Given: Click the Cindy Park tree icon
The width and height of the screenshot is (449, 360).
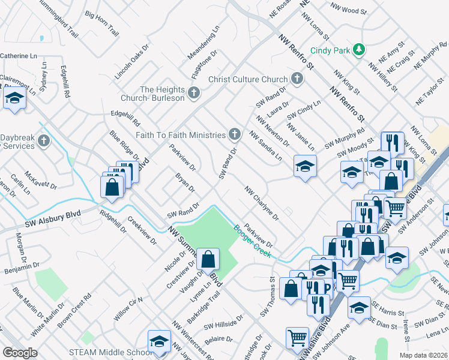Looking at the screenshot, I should (x=358, y=49).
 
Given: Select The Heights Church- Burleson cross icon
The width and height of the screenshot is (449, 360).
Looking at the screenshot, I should (x=193, y=92).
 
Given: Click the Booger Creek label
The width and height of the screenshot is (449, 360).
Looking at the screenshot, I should (x=252, y=241).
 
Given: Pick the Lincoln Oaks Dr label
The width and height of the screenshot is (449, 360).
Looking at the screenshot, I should (x=131, y=62).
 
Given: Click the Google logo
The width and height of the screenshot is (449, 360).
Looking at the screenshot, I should (x=20, y=353).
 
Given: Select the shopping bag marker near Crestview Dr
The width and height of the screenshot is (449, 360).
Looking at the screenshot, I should (x=207, y=260).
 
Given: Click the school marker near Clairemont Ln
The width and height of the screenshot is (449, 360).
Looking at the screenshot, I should (x=14, y=98).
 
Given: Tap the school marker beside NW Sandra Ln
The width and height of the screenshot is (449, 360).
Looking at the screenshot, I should (x=305, y=166).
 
